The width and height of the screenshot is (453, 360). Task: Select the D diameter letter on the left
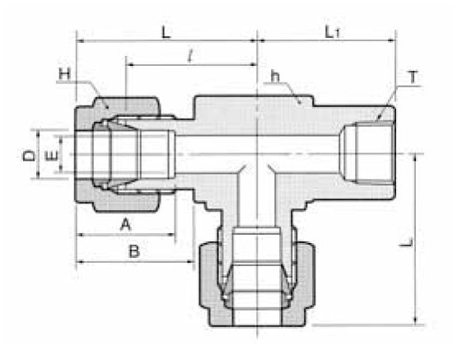click(29, 154)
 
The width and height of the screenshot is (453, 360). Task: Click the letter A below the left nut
click(126, 223)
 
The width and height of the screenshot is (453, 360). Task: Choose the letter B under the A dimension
click(133, 252)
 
